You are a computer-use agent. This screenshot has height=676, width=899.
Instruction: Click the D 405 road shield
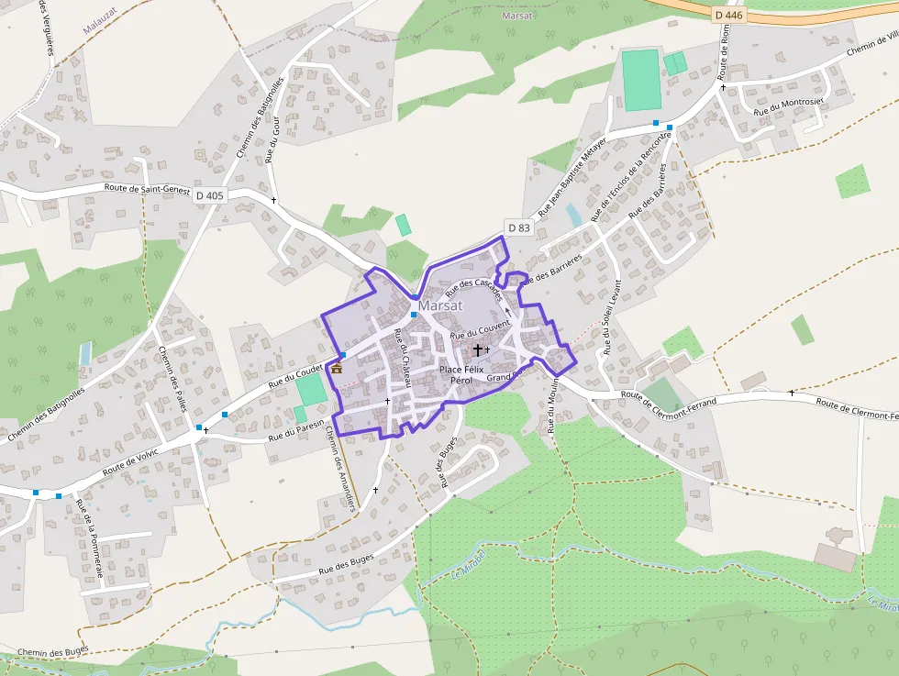(x=209, y=195)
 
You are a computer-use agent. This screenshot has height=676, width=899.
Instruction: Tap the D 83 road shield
(x=518, y=227)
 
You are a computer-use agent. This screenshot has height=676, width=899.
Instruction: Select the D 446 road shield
(x=730, y=14)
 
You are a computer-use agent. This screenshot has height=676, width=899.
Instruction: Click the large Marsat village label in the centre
(x=441, y=305)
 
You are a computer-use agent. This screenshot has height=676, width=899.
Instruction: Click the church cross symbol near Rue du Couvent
(x=477, y=349)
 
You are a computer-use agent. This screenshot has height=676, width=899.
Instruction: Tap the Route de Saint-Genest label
(x=147, y=190)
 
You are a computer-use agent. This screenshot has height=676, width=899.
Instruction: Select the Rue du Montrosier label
(x=788, y=105)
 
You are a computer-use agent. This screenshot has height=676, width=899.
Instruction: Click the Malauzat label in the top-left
(x=102, y=28)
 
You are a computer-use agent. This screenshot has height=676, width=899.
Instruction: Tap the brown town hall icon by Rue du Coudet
(x=337, y=369)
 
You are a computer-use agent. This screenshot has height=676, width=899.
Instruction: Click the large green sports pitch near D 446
(x=640, y=80)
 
